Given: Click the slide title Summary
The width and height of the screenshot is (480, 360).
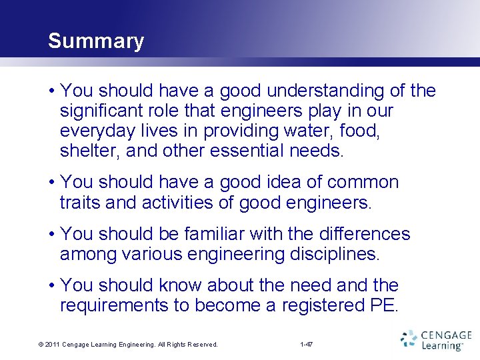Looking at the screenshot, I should point(96,41).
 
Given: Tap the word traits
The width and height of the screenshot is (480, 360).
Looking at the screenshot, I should point(80,203).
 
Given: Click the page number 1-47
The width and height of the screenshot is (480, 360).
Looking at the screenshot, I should point(307,345).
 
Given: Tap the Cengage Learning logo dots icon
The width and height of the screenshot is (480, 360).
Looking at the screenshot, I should point(409,339).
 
